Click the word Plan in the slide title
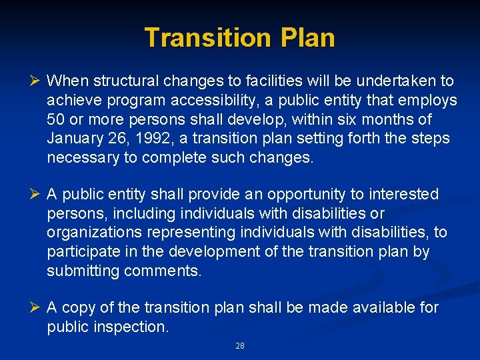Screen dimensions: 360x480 tap(308, 37)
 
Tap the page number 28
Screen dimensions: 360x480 tap(240, 346)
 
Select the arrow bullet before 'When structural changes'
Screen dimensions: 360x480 tap(36, 81)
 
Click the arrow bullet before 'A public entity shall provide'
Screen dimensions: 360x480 tap(36, 195)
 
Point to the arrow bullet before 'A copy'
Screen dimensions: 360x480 tap(36, 307)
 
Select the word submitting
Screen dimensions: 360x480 tap(81, 272)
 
